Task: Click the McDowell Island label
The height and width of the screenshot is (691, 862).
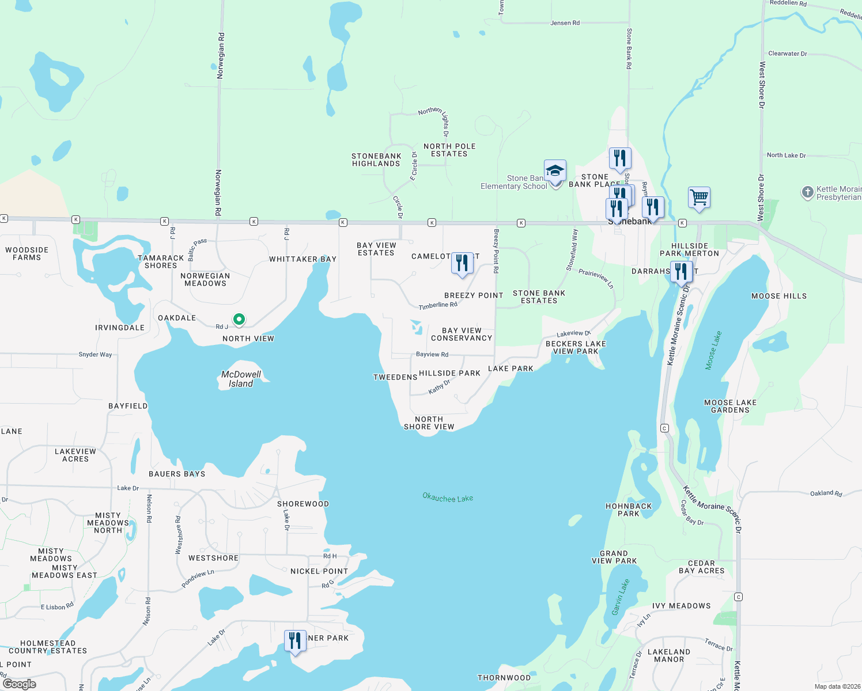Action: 241,379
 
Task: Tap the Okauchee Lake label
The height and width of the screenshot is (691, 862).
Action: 448,498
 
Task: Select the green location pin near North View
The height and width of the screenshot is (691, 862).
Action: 239,319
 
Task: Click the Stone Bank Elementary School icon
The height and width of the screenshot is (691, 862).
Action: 555,171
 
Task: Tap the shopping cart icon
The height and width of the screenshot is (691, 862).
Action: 699,198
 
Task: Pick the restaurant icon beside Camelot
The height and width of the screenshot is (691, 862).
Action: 462,263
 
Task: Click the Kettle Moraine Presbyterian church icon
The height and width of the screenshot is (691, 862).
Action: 808,192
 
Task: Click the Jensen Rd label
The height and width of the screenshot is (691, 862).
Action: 565,23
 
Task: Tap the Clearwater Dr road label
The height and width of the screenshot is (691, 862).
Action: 788,54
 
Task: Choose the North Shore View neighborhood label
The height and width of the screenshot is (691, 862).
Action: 429,423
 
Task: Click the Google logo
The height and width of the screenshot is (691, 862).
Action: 20,684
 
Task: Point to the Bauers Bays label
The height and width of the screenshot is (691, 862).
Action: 177,474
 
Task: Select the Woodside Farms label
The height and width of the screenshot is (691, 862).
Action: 27,254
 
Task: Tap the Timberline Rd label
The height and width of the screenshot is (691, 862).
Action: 438,305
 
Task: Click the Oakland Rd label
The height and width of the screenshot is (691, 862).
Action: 826,493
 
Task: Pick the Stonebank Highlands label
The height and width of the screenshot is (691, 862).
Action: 376,160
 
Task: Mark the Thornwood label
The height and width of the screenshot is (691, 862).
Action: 504,678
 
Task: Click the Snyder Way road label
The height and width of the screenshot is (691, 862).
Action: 95,355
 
